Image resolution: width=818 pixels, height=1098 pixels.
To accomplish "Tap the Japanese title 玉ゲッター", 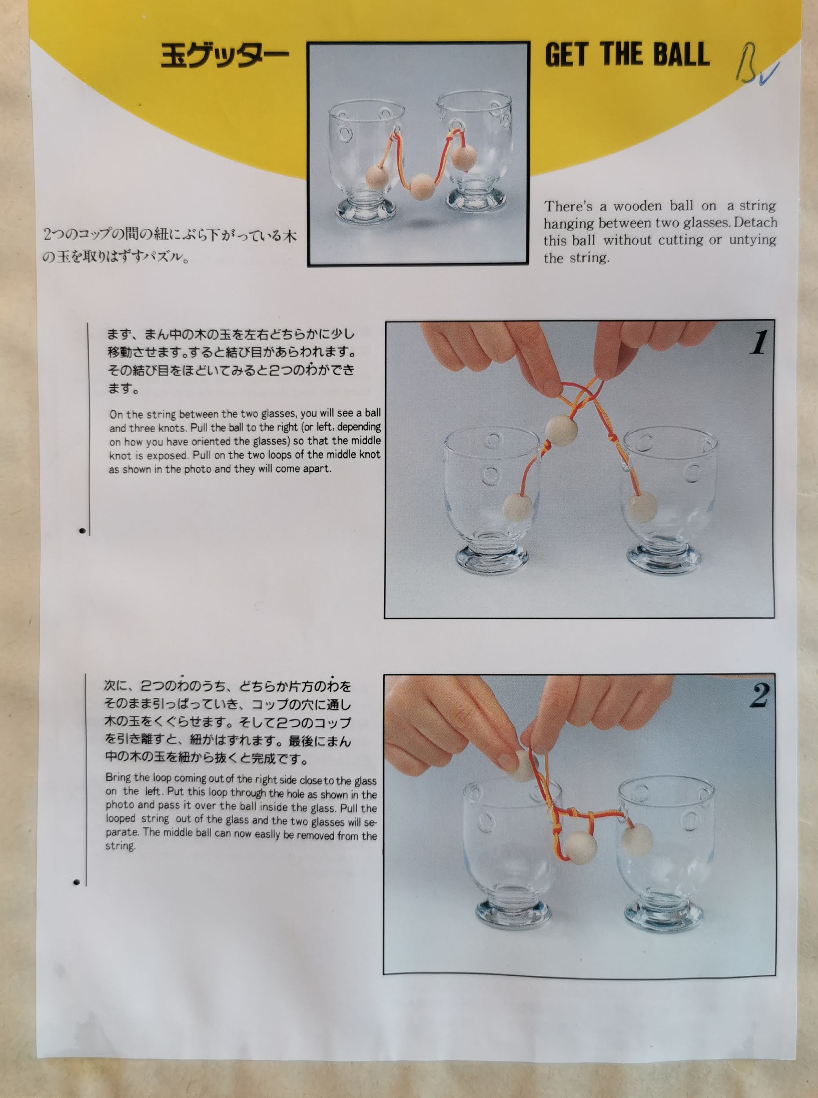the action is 224,55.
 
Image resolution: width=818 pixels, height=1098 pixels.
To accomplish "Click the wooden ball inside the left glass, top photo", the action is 378,177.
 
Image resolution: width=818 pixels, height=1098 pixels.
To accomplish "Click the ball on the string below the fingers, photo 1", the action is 561,430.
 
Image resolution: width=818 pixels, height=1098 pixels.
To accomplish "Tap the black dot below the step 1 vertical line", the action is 82,531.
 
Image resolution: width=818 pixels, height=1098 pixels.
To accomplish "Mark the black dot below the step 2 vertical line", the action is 76,882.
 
